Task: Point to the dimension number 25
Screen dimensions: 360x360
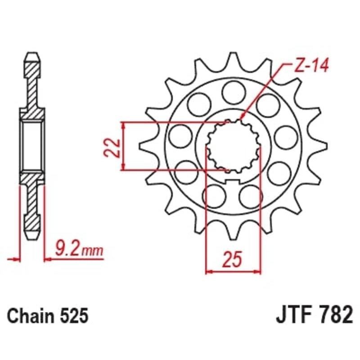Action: coord(233,261)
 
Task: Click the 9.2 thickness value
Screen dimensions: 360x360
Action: coord(67,248)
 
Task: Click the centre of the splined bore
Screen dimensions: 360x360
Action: coord(233,147)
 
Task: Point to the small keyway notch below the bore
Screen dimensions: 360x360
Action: coord(233,181)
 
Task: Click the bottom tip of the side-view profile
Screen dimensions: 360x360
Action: coord(32,237)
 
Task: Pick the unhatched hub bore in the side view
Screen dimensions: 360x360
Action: coord(32,147)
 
